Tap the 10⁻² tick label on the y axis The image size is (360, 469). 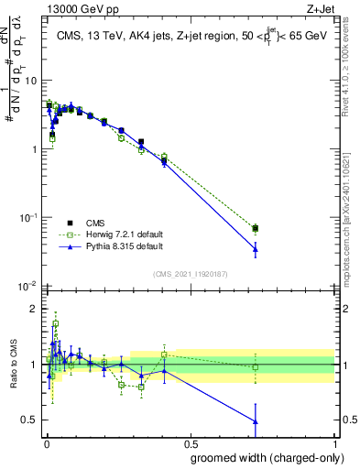28,286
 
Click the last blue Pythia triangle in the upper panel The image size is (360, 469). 256,249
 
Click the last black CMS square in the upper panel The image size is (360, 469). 256,228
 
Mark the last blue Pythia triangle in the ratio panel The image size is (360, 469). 256,421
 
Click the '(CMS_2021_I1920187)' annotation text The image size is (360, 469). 191,274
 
